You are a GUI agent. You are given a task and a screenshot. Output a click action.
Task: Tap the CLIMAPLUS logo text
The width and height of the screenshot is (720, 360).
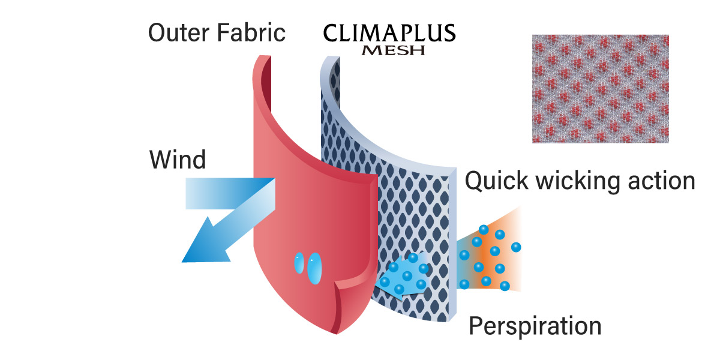click(x=389, y=32)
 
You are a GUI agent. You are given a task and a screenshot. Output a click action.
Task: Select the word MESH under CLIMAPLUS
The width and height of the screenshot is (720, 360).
click(x=392, y=51)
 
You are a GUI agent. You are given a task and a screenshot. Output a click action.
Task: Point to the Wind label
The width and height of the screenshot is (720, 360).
click(x=178, y=160)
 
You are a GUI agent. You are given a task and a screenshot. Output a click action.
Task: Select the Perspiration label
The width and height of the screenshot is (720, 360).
click(x=535, y=326)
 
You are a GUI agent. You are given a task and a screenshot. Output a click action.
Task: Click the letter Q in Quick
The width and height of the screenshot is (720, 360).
click(x=476, y=181)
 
